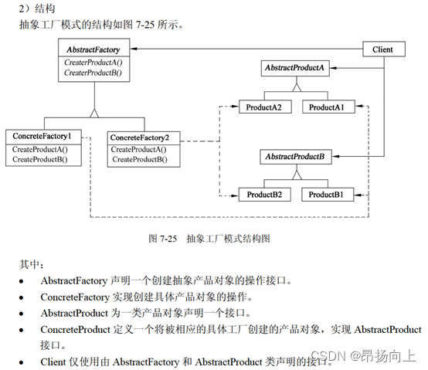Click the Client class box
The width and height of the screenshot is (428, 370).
(x=384, y=49)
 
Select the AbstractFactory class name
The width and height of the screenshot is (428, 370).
(x=93, y=49)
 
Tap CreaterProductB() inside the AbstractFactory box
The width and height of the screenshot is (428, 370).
(x=93, y=73)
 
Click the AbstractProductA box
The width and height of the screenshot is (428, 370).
(x=295, y=68)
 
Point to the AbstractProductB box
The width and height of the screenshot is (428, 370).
(x=296, y=157)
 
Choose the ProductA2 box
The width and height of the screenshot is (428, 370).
(x=265, y=107)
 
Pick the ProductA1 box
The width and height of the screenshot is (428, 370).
(x=328, y=107)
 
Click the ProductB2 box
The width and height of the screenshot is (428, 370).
(x=264, y=195)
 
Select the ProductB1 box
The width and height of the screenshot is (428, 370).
(x=328, y=195)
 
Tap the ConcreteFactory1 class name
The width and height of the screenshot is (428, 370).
(x=42, y=136)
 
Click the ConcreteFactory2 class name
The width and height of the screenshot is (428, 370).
(x=140, y=137)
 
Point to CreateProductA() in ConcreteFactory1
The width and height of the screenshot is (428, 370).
(x=40, y=150)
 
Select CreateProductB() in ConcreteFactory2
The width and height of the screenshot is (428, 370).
(x=140, y=159)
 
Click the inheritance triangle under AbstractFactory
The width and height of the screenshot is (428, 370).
(x=94, y=114)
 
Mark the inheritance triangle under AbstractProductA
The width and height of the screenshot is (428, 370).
(x=297, y=87)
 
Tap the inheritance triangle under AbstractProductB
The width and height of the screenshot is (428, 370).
(x=297, y=175)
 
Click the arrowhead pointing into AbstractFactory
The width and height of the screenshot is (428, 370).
(x=134, y=49)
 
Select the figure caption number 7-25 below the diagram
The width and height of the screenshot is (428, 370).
(x=168, y=239)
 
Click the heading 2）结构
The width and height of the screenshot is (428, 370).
(x=37, y=8)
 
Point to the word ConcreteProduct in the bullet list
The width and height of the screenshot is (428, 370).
(x=76, y=330)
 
